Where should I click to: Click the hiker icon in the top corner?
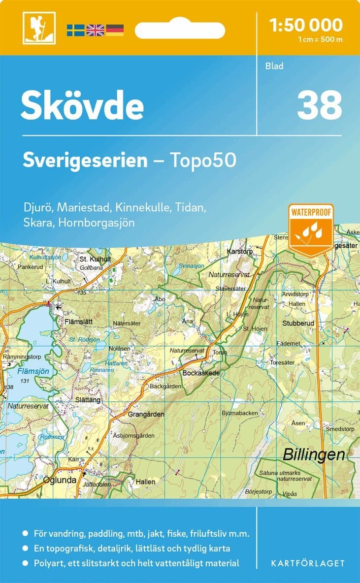tap(39, 28)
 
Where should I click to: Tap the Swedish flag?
tap(75, 30)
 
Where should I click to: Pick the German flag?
tap(115, 30)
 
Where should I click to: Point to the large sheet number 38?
tap(319, 105)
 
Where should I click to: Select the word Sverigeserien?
tap(85, 160)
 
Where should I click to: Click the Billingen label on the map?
tap(314, 455)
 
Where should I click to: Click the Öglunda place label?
tap(60, 480)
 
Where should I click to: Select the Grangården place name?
tap(146, 415)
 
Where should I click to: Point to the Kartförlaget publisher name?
tap(308, 563)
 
